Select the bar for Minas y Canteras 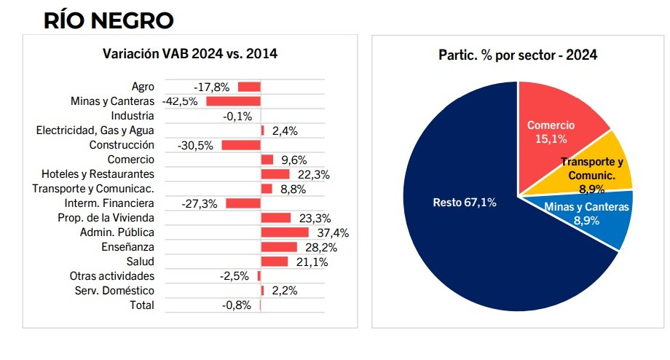[x=233, y=101]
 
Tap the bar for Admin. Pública [x=285, y=232]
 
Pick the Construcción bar [x=241, y=145]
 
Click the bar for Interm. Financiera [x=243, y=203]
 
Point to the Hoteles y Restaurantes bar [x=275, y=174]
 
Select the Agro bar [x=249, y=87]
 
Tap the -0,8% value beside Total [x=237, y=305]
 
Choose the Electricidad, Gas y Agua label [x=95, y=130]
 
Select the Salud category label [x=141, y=262]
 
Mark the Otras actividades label [x=112, y=276]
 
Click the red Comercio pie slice [x=557, y=120]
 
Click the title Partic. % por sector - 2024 [x=518, y=55]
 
